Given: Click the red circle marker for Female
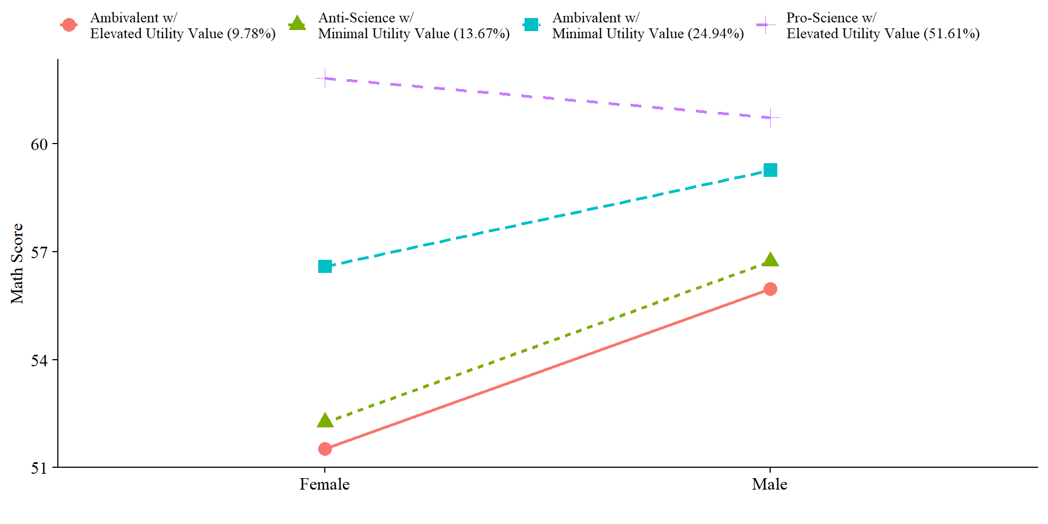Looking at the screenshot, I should point(325,449).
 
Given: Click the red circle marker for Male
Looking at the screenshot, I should point(770,289).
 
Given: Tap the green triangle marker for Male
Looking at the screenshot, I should point(770,260).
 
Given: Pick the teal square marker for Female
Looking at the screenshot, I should point(325,266).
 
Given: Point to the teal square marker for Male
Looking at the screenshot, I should point(770,170).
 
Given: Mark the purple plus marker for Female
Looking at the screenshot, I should point(325,79).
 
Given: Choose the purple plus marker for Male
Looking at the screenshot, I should point(770,117).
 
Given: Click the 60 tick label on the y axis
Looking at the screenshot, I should point(39,145).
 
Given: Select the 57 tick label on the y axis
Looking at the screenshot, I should point(39,252).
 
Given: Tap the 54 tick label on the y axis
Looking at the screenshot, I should point(39,360).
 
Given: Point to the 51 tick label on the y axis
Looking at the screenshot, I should point(39,468).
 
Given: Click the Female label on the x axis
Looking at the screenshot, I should point(324,484).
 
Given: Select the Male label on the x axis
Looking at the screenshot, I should point(770,484).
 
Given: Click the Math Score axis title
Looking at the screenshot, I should point(17,264).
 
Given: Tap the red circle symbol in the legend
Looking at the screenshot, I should point(69,25).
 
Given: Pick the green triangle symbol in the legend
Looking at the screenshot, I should point(297,24).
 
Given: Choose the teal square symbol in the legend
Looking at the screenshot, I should point(531,25).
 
